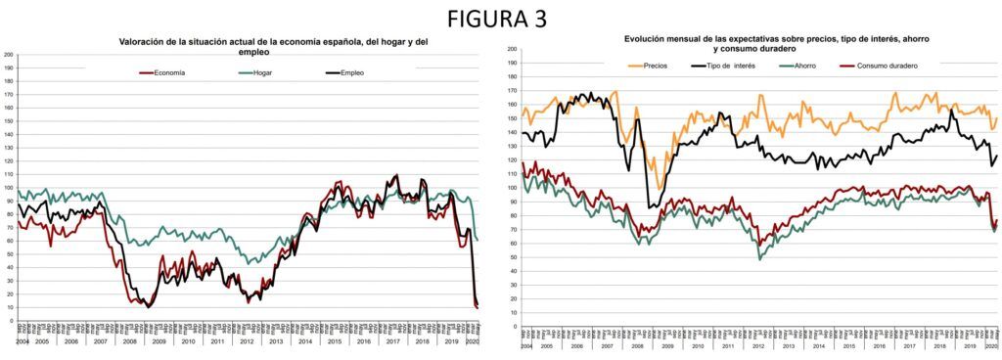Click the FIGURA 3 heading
click(499, 19)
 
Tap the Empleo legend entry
click(351, 72)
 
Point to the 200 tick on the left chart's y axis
click(9, 54)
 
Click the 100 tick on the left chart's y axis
click(9, 187)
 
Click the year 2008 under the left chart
click(129, 340)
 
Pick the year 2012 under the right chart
click(757, 347)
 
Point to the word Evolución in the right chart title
click(649, 38)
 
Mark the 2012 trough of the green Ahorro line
click(759, 258)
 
